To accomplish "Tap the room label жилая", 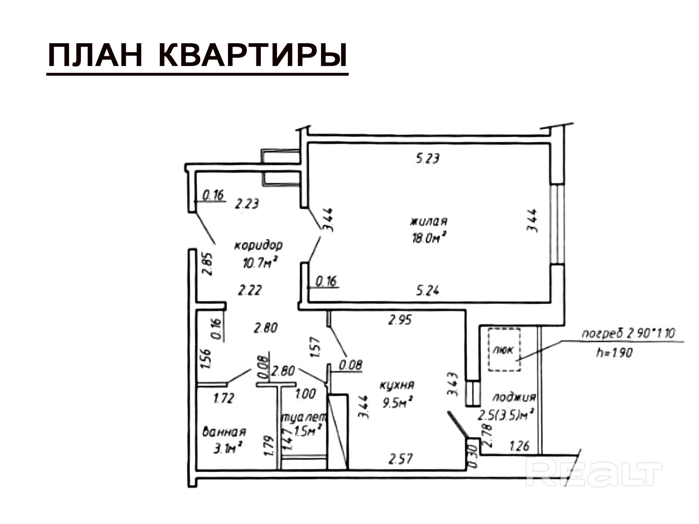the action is pos(428,221).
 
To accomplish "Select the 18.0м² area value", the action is pos(429,238).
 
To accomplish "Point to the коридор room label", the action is pos(258,245).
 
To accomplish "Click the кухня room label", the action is pos(397,385).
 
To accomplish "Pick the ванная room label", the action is pos(224,432).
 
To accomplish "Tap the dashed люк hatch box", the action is pos(505,350).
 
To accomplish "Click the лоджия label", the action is pos(514,397).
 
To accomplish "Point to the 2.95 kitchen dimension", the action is pos(400,320).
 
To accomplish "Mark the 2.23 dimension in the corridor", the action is pos(247,203).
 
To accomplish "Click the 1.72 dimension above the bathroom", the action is pos(224,398).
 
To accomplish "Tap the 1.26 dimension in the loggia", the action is pos(519,446).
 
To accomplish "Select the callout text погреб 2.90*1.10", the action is pos(628,334).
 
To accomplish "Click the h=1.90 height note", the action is pos(614,353).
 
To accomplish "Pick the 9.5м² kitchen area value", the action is pos(398,403).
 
